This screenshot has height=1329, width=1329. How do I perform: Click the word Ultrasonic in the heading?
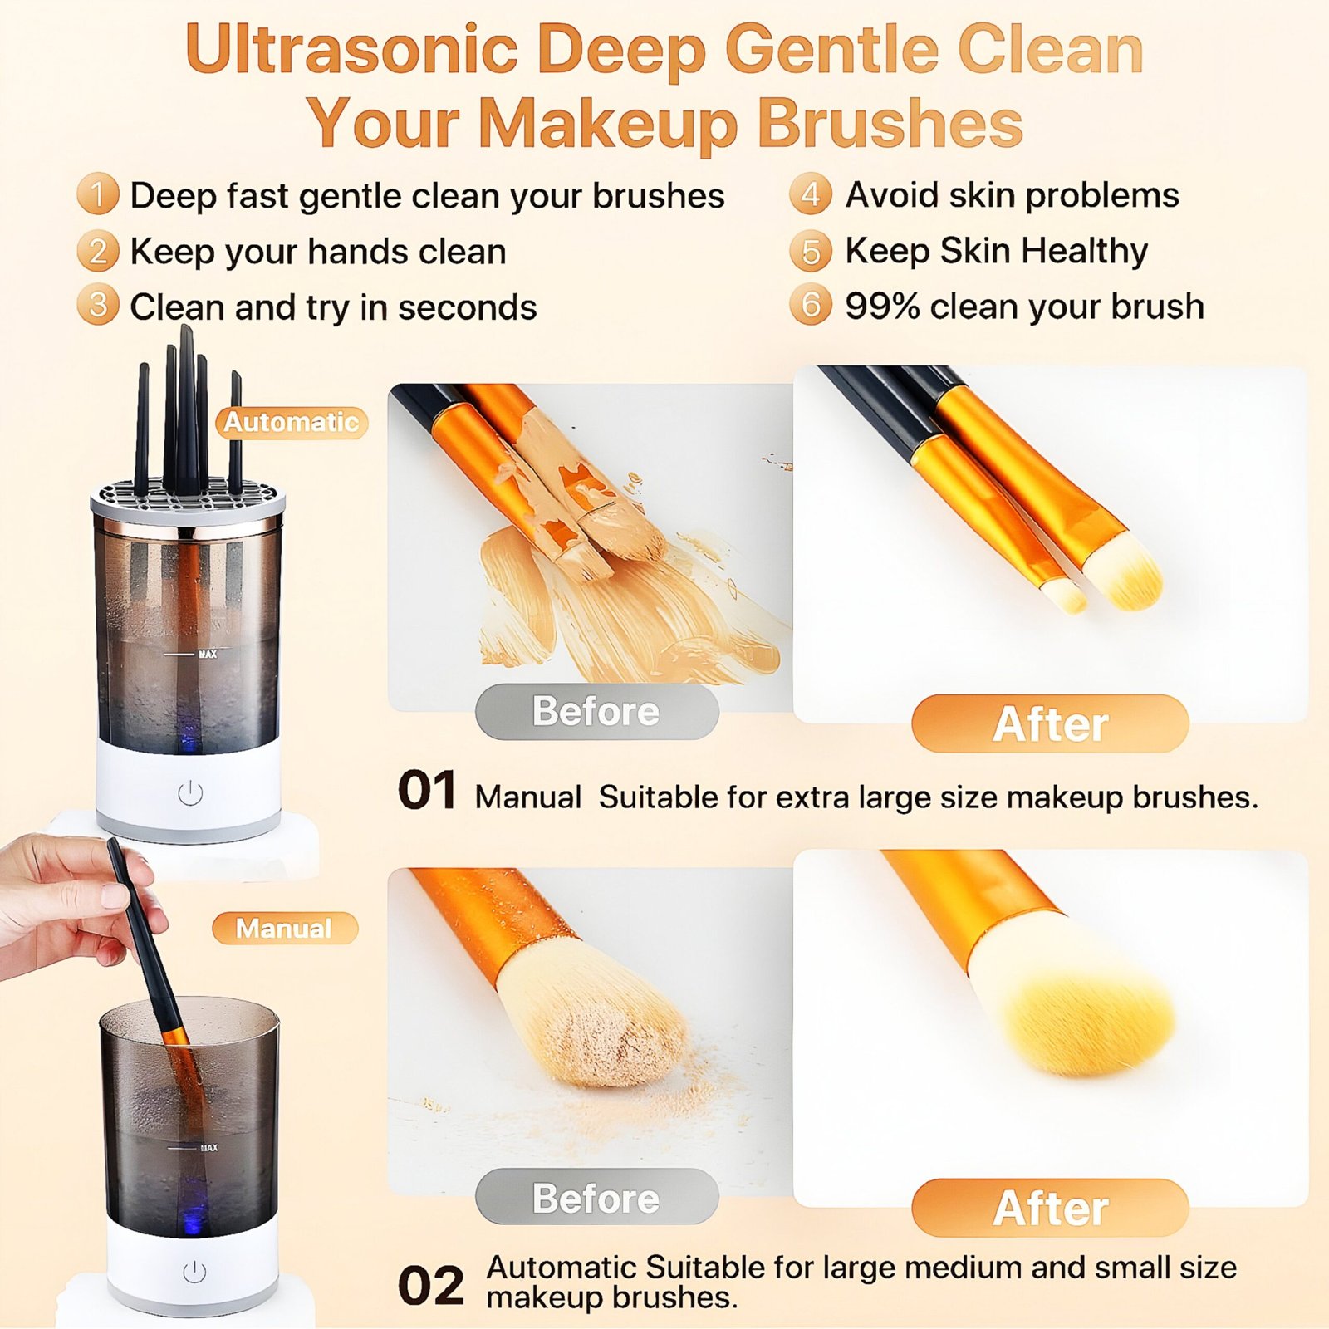(x=352, y=49)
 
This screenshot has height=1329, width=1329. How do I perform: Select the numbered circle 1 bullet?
(x=98, y=195)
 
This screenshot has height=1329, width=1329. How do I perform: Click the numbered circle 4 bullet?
(x=811, y=194)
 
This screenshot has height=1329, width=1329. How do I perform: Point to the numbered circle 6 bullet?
(x=811, y=306)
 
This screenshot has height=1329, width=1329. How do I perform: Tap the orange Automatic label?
(x=292, y=422)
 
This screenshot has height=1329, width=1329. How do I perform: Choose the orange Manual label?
(x=284, y=928)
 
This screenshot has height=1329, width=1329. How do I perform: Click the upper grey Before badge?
(x=596, y=712)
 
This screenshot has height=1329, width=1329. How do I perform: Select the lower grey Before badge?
(x=596, y=1197)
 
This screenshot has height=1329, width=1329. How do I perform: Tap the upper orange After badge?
(x=1050, y=723)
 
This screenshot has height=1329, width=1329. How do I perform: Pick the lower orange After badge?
(x=1050, y=1208)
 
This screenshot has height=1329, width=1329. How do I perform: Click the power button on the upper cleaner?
(x=190, y=793)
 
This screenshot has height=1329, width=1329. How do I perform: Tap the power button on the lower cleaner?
(x=194, y=1272)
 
